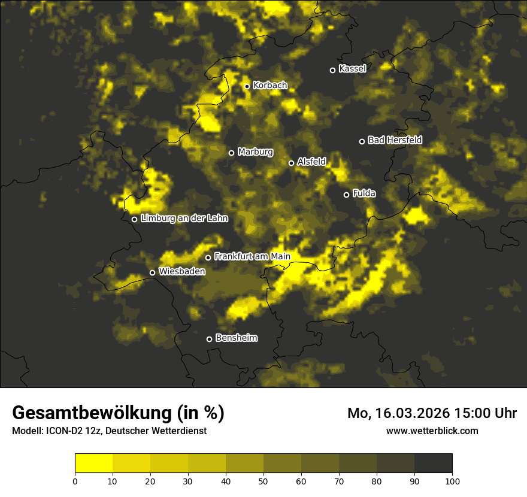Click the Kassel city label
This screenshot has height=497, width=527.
pos(352,69)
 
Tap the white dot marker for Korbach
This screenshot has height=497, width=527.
pos(247,86)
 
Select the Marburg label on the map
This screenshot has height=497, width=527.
pos(255,152)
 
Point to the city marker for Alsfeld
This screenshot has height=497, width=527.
pos(291,163)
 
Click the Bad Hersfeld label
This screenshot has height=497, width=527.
pos(395,140)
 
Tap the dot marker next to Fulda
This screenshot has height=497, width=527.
pos(346,195)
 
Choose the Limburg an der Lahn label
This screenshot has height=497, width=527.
pos(184,219)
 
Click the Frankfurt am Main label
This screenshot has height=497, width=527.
pos(252,256)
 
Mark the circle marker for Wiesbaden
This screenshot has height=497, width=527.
pos(152,273)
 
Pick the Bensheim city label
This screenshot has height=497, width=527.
pos(236,338)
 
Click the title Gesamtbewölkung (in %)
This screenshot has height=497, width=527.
pos(118,413)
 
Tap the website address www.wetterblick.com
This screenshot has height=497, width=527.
pos(432,431)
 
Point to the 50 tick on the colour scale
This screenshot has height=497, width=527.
pos(263,481)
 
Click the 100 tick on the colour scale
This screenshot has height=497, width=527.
pos(452,481)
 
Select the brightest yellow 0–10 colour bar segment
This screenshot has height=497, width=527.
pos(93,463)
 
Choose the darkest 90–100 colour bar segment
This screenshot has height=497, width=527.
pos(433,463)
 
